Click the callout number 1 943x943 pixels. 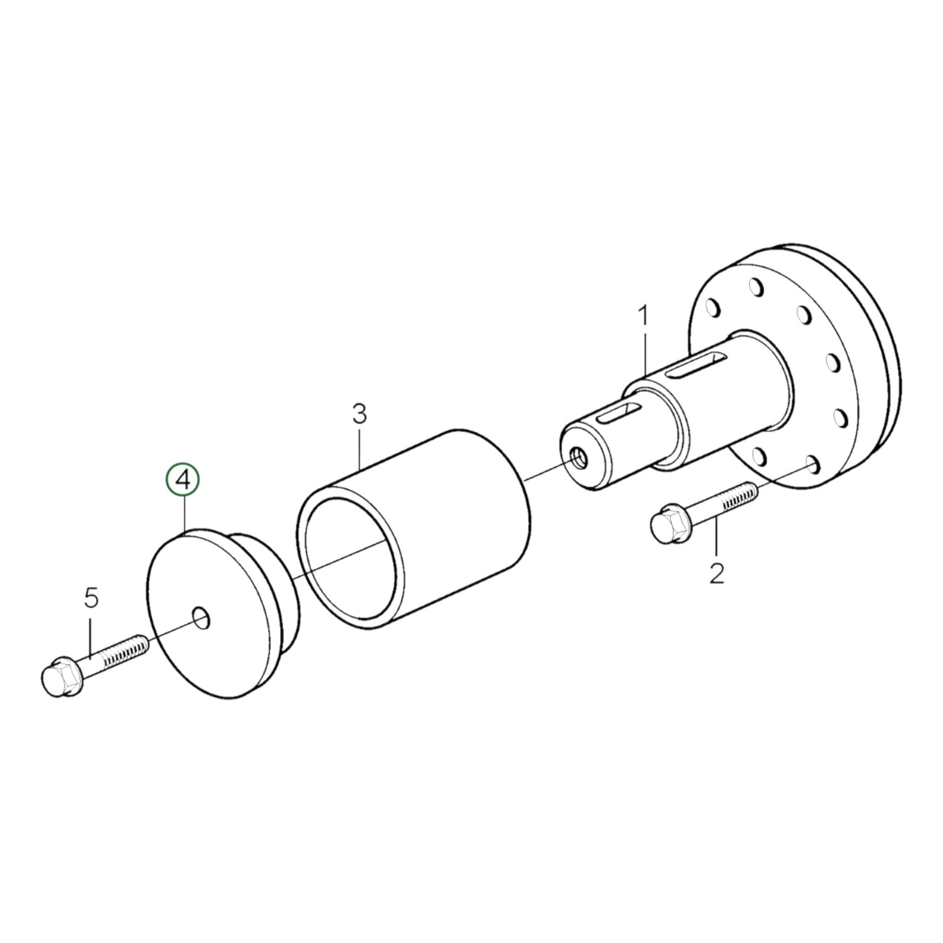coord(643,318)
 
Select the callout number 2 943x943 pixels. coord(717,574)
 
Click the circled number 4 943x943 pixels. coord(183,480)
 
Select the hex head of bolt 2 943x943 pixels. coord(670,521)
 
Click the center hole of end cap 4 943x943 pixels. coord(200,617)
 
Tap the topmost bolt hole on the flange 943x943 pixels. coord(756,288)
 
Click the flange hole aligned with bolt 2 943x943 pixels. coord(811,465)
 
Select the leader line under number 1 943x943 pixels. coord(645,352)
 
